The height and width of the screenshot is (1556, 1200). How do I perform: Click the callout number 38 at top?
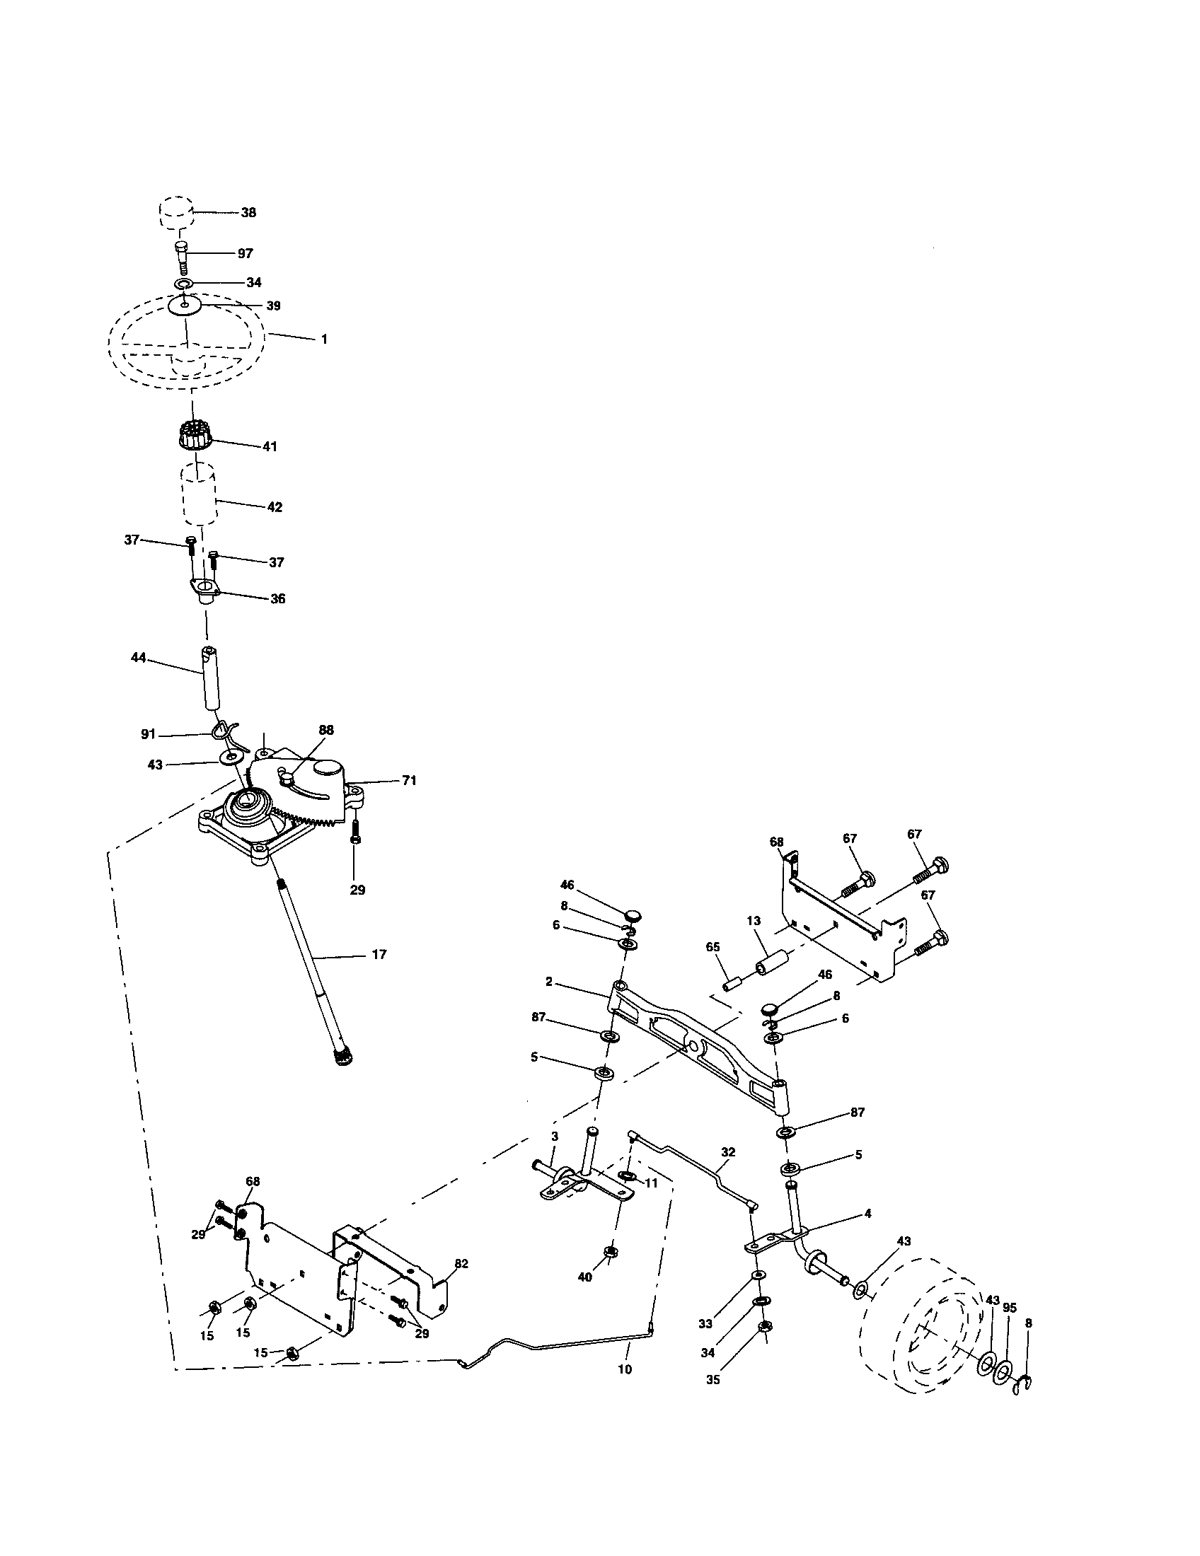(x=248, y=212)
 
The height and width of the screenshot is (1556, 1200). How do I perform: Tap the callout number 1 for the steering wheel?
(x=324, y=339)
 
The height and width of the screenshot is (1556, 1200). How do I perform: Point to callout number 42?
(x=275, y=507)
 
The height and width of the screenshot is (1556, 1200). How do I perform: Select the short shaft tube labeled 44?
(x=211, y=678)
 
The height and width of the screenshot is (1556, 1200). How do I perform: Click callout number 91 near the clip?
(x=148, y=735)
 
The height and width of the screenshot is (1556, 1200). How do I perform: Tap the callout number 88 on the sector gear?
(x=326, y=730)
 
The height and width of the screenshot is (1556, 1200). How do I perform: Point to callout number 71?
(x=408, y=781)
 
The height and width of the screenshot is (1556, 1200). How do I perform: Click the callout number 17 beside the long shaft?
(x=379, y=954)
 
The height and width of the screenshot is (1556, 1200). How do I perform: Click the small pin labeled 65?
(x=731, y=983)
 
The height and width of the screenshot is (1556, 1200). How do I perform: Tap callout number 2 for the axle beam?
(x=548, y=982)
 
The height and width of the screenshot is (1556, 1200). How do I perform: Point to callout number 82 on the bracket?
(x=461, y=1263)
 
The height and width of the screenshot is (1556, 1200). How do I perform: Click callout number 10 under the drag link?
(x=625, y=1369)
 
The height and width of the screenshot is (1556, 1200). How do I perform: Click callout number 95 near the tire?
(x=1009, y=1308)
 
